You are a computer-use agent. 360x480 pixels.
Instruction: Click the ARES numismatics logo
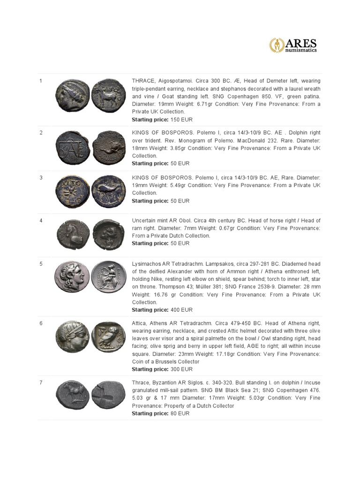click(293, 45)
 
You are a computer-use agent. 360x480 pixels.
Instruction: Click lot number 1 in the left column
click(41, 81)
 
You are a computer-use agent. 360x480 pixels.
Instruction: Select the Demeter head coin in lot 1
click(71, 96)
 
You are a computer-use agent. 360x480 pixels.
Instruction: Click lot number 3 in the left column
click(41, 178)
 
